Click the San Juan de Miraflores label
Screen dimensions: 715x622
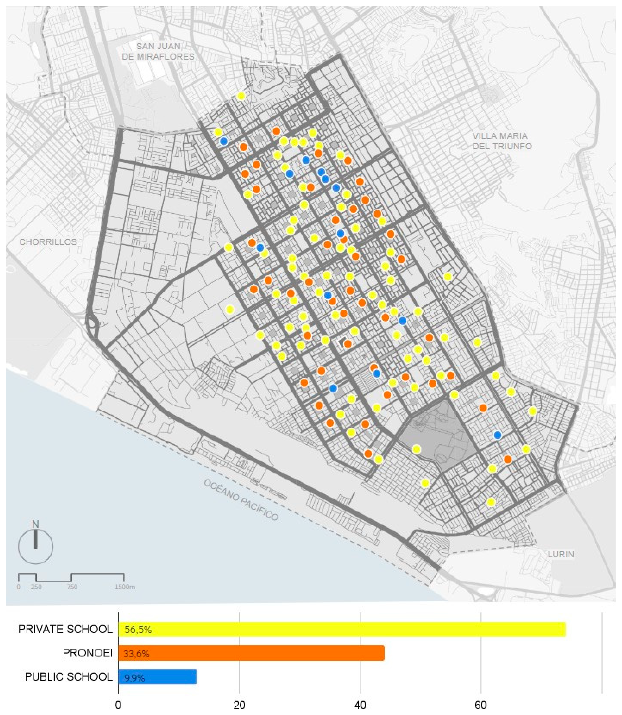click(x=158, y=51)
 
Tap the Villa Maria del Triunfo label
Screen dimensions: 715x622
click(x=502, y=141)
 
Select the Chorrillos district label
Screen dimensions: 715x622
click(x=48, y=242)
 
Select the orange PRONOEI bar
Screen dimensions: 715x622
click(x=251, y=653)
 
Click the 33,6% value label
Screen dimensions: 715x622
click(x=136, y=654)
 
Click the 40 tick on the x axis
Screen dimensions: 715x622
click(x=360, y=705)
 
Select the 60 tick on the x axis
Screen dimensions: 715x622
click(x=481, y=705)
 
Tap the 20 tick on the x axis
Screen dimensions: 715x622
click(x=239, y=705)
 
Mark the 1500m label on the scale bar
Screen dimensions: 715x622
click(x=125, y=587)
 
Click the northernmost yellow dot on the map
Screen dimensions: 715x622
click(x=241, y=96)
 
